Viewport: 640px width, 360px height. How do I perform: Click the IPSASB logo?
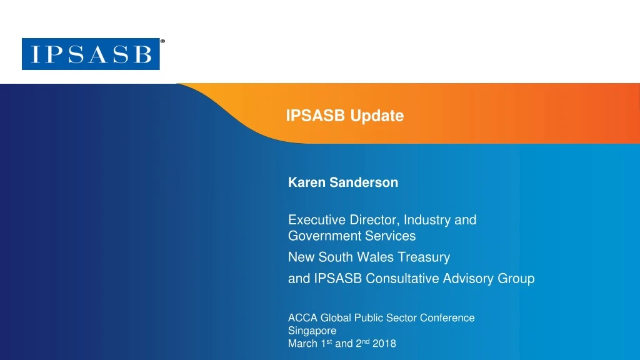point(91,54)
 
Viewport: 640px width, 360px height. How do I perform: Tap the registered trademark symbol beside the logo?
point(162,41)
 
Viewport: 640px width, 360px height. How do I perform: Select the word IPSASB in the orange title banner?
point(316,116)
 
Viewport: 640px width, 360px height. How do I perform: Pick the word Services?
point(391,236)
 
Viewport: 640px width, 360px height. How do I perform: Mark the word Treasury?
point(424,257)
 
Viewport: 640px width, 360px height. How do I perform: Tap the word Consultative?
point(406,279)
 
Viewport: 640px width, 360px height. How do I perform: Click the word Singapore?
point(312,331)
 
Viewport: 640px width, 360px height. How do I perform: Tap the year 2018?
point(384,344)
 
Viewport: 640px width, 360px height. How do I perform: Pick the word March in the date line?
point(301,344)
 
